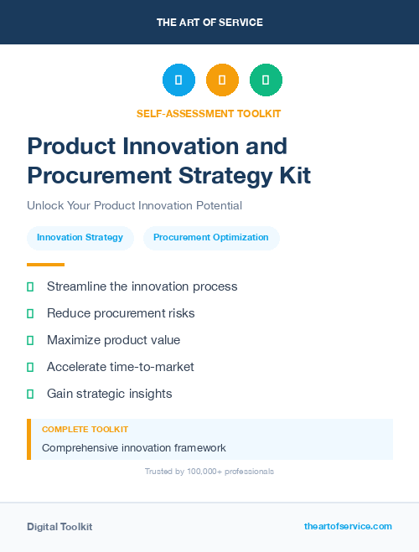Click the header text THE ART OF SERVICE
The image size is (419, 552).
click(209, 23)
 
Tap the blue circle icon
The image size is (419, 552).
click(178, 80)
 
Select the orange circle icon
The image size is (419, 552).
click(222, 80)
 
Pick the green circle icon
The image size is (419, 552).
click(266, 80)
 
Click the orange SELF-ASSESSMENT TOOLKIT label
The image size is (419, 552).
click(209, 113)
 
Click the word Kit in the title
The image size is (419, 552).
click(293, 175)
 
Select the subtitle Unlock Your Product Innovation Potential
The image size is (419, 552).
click(134, 205)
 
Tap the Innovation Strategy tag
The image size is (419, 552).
click(80, 238)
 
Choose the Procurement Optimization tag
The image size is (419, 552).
click(211, 238)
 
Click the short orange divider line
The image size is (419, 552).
click(45, 265)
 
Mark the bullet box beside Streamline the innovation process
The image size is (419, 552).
click(30, 286)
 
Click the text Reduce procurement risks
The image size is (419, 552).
click(121, 313)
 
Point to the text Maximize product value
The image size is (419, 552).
click(113, 340)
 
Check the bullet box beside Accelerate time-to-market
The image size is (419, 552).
click(30, 367)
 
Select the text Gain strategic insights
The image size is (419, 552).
click(110, 394)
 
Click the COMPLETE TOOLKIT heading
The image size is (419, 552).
click(79, 429)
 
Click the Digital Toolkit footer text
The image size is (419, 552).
click(59, 527)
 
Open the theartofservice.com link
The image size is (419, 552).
click(348, 526)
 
